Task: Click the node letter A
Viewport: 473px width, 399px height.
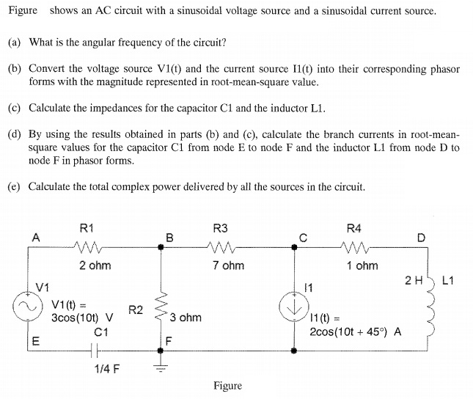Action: point(34,237)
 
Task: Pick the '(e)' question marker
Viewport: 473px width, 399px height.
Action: point(14,186)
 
